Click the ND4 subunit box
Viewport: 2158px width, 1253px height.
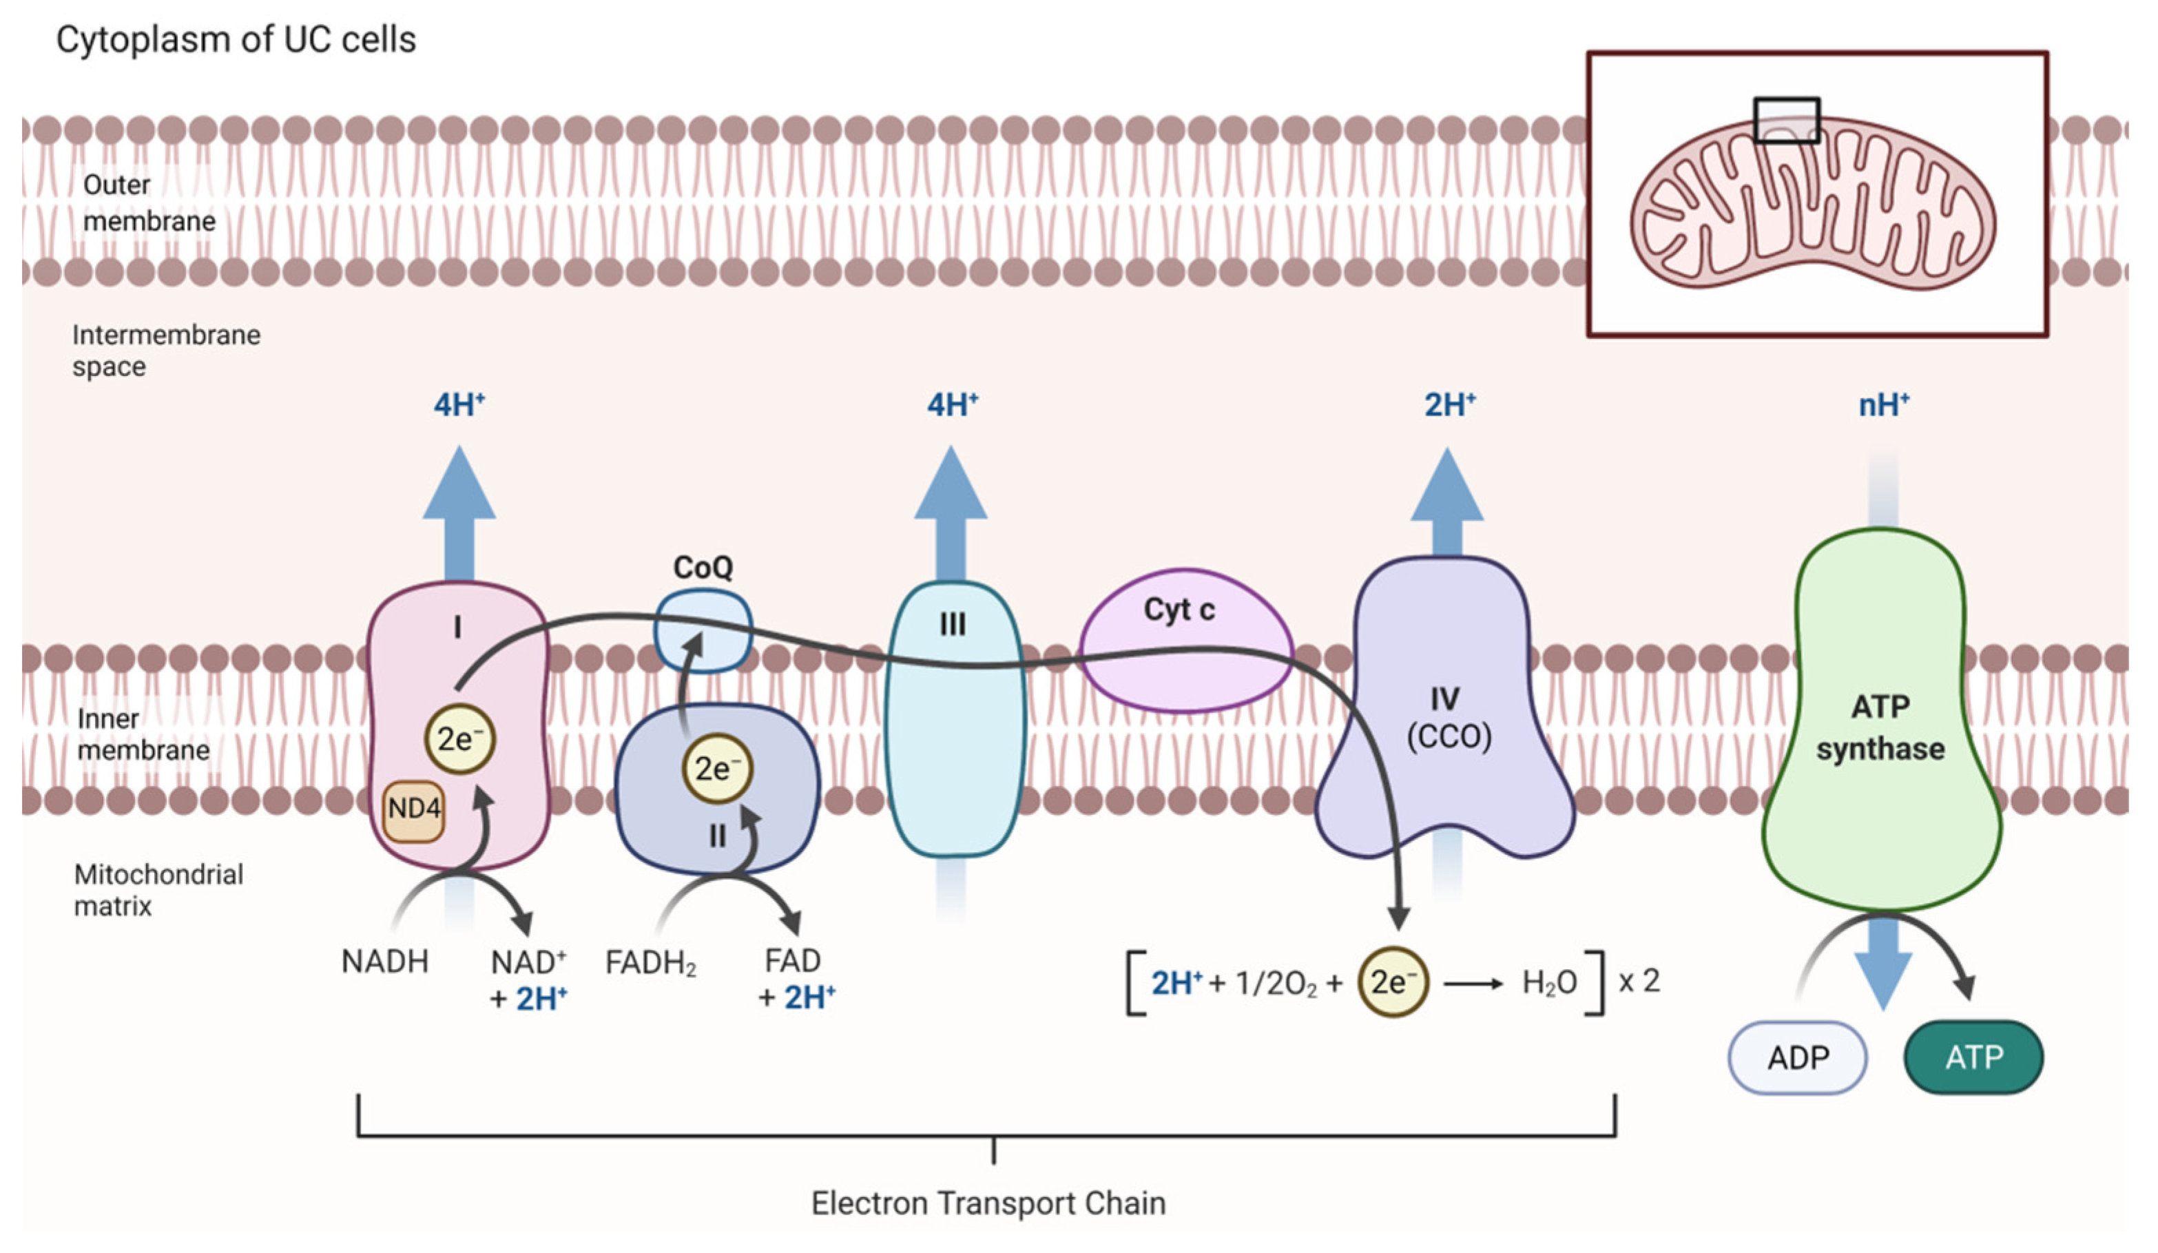tap(413, 809)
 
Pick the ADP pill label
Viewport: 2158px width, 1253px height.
tap(1798, 1057)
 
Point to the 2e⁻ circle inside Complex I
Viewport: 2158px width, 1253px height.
tap(460, 738)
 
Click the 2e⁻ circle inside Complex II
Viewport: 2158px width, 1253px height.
tap(717, 768)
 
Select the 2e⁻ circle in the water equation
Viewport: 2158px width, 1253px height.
tap(1393, 982)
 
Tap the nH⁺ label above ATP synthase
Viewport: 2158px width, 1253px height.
tap(1883, 404)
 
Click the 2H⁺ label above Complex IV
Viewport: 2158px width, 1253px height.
tap(1449, 404)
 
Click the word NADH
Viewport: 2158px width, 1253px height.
tap(384, 961)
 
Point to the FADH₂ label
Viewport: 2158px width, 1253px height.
tap(651, 963)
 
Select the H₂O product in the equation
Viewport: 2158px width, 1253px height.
tap(1549, 982)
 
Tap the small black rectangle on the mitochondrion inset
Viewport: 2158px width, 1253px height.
tap(1786, 119)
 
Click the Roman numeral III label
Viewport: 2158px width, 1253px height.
tap(952, 624)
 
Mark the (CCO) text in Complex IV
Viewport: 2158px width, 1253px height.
tap(1449, 736)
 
